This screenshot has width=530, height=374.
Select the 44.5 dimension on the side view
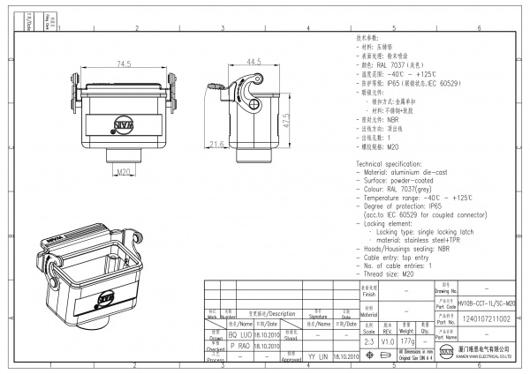click(254, 62)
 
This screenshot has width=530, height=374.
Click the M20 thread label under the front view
click(123, 171)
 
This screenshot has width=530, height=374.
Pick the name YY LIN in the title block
click(316, 357)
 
